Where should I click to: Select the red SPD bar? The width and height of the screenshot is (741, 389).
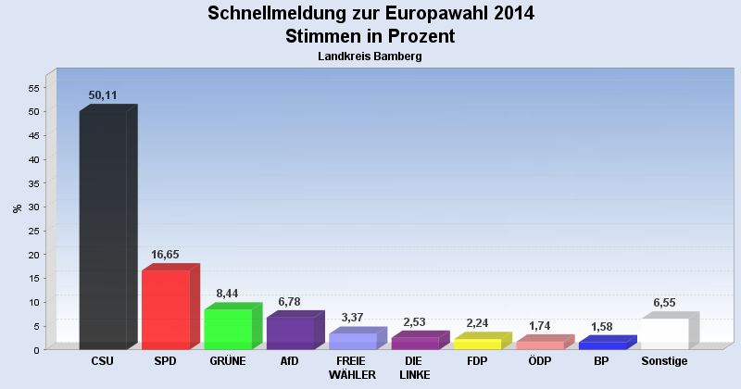(165, 309)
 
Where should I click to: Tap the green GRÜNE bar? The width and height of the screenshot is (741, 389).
(227, 329)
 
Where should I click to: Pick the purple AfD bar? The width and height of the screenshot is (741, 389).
(290, 333)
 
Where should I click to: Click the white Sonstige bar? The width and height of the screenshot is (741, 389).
(664, 333)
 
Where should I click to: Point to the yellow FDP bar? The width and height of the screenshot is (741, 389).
(477, 344)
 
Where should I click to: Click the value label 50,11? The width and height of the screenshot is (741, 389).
(103, 95)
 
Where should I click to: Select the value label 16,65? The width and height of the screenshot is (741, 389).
(165, 255)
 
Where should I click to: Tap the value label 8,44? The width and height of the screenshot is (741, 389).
(227, 294)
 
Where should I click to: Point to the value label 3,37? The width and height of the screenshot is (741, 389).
(352, 318)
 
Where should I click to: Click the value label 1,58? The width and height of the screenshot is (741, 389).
(602, 326)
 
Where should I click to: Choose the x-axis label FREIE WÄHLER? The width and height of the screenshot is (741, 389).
(352, 368)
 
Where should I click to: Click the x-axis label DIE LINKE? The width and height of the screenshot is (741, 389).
(414, 368)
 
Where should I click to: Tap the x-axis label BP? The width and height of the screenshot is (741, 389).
(602, 361)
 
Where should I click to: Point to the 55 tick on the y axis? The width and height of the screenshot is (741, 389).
(33, 88)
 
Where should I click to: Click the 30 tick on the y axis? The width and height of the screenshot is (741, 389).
(33, 207)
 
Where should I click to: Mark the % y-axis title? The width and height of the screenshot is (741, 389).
(17, 208)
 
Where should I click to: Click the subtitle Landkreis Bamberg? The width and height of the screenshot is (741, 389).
(370, 56)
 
